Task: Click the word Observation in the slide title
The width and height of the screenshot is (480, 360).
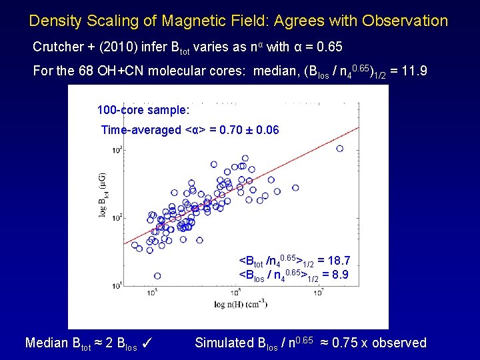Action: click(x=405, y=21)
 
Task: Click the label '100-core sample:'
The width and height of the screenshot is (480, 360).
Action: click(x=143, y=109)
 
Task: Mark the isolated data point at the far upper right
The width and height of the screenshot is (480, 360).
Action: click(x=340, y=149)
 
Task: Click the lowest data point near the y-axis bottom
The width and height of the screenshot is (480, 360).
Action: click(x=157, y=275)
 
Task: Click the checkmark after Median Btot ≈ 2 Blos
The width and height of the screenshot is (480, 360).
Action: click(x=149, y=343)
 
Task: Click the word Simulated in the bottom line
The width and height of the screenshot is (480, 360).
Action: click(x=224, y=343)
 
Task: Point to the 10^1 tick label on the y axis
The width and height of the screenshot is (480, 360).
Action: click(x=118, y=285)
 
